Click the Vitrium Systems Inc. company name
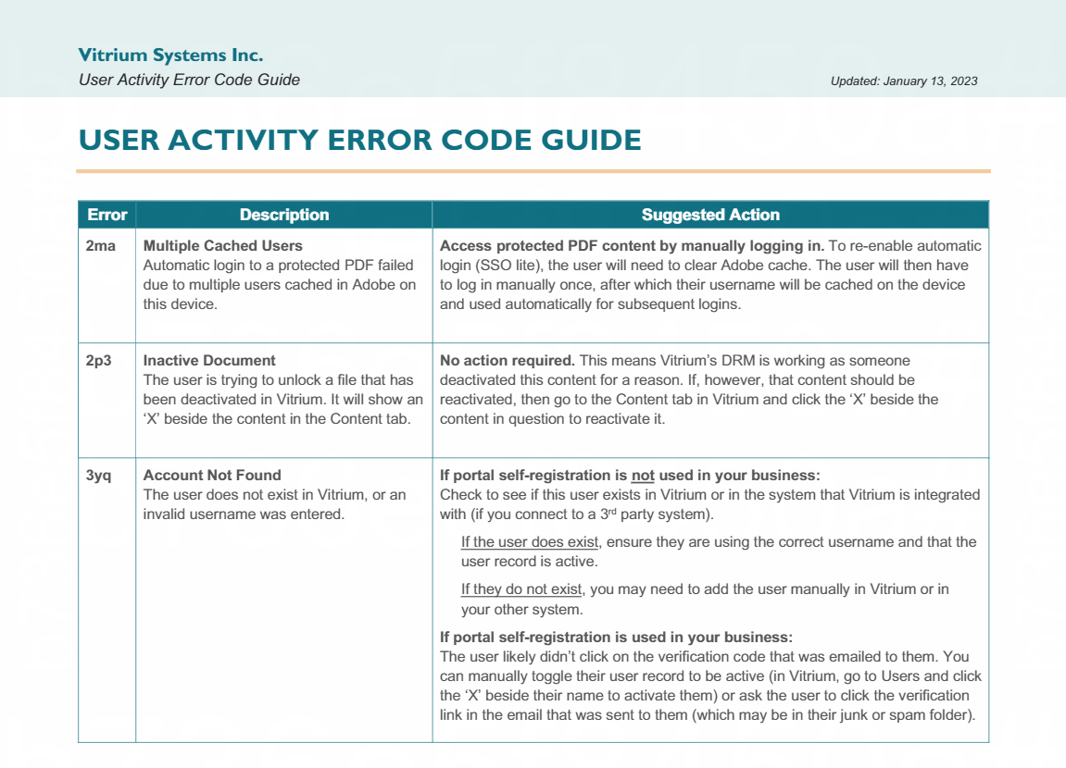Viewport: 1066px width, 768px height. coord(170,56)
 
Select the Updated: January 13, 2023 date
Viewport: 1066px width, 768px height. coord(904,81)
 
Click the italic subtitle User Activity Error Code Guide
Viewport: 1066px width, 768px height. coord(189,80)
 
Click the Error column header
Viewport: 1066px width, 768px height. coord(107,215)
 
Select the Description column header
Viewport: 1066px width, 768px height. coord(283,215)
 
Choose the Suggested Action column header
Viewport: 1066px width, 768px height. coord(710,215)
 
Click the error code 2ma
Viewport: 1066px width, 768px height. coord(100,246)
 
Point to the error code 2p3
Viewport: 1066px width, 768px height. coord(98,361)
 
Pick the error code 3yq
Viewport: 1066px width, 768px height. coord(98,476)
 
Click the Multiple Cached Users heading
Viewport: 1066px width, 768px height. coord(222,246)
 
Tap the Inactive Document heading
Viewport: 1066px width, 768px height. coord(209,361)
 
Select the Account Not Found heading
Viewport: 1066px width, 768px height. coord(212,476)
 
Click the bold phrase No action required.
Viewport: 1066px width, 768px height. coord(508,361)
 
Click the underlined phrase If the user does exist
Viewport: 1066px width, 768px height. coord(531,542)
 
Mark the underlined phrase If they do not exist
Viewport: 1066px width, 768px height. coord(521,589)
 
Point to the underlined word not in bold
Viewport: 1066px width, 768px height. coord(643,476)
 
